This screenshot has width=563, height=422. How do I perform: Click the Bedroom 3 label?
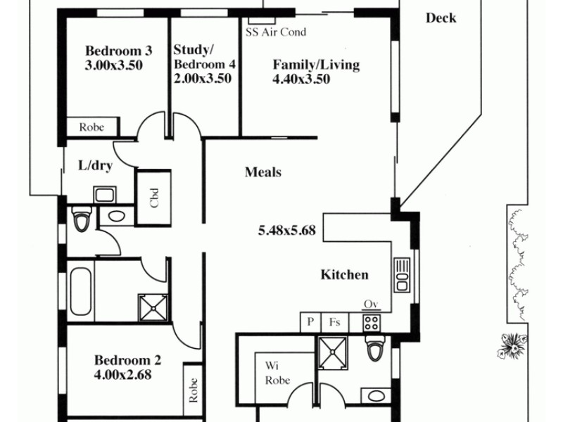(118, 51)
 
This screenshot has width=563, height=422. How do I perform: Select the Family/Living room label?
(316, 65)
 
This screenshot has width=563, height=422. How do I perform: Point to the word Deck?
(441, 18)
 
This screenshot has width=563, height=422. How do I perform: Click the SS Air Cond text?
(275, 32)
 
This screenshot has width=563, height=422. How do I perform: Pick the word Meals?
(263, 172)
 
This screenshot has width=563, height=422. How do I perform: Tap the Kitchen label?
(344, 275)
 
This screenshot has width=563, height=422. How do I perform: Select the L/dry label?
(94, 167)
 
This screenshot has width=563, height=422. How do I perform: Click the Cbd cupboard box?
(153, 199)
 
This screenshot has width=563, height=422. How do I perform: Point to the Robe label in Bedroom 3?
(91, 127)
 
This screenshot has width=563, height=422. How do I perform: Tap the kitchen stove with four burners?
(371, 322)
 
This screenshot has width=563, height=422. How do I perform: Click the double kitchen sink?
(402, 274)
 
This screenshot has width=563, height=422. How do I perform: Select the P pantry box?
(310, 322)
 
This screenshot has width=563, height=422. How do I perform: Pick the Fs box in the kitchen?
(335, 322)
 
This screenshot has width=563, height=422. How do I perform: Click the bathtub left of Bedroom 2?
(80, 291)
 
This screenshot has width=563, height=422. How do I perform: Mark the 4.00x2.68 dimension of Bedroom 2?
(122, 375)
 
